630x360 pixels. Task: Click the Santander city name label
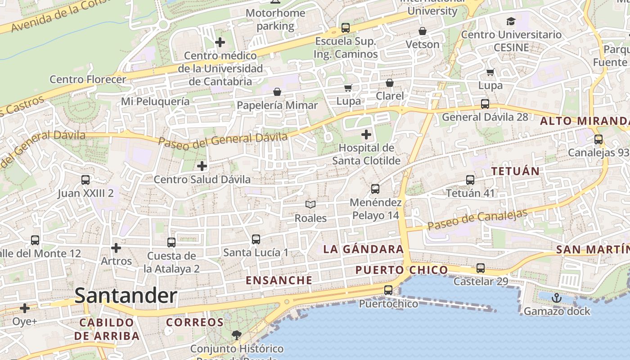tap(126, 296)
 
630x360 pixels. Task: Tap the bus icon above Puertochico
tap(388, 290)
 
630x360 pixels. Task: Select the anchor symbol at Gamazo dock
tap(557, 297)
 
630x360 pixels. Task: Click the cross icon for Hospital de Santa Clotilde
tap(366, 134)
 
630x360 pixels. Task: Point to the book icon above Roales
tap(310, 205)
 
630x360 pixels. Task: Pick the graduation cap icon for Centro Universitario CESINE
tap(511, 21)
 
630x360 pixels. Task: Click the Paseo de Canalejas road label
tap(477, 219)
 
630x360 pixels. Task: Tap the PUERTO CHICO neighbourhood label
tap(401, 270)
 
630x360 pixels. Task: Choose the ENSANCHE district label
tap(279, 280)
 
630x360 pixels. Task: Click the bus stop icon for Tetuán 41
tap(470, 180)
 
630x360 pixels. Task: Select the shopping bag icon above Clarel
tap(390, 83)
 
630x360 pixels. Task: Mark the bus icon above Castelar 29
tap(481, 268)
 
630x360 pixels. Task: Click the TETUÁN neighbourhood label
tap(515, 171)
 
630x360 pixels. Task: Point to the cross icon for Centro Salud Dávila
tap(202, 166)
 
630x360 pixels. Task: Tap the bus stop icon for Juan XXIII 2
tap(85, 180)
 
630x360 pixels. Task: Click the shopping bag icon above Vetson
tap(422, 31)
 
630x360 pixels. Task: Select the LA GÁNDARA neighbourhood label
tap(363, 249)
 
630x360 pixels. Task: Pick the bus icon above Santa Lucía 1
tap(256, 239)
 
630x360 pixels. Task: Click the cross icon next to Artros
tap(116, 247)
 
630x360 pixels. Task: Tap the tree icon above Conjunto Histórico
tap(236, 335)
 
